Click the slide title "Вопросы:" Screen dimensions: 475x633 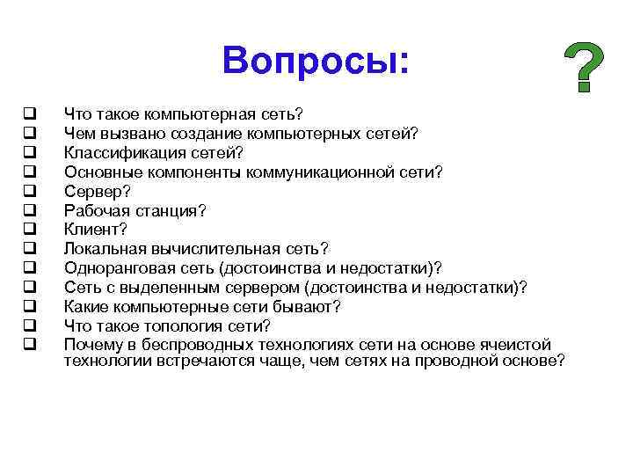(x=316, y=60)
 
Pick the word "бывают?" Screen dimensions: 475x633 (x=307, y=306)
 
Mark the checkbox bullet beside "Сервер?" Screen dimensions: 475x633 (x=29, y=190)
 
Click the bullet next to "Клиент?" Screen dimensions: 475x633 (x=29, y=229)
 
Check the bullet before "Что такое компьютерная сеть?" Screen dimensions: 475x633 (x=29, y=113)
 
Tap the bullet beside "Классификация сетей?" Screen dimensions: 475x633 (x=29, y=151)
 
